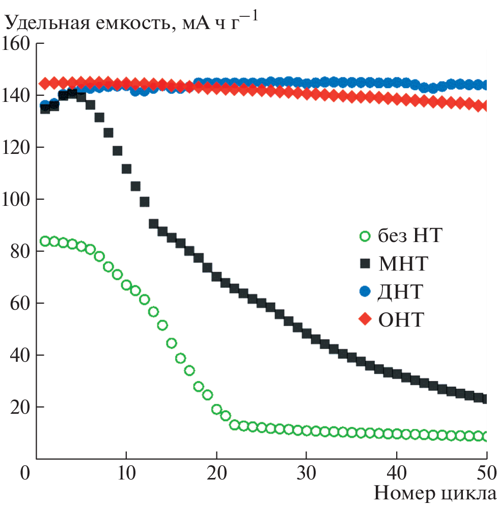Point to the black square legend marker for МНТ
(x=365, y=263)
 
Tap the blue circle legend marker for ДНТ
(x=365, y=291)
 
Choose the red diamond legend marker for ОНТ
(x=365, y=319)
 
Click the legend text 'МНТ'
(x=403, y=264)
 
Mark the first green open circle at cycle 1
(x=45, y=241)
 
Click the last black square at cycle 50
(x=486, y=399)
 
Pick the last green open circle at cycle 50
(x=486, y=437)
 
